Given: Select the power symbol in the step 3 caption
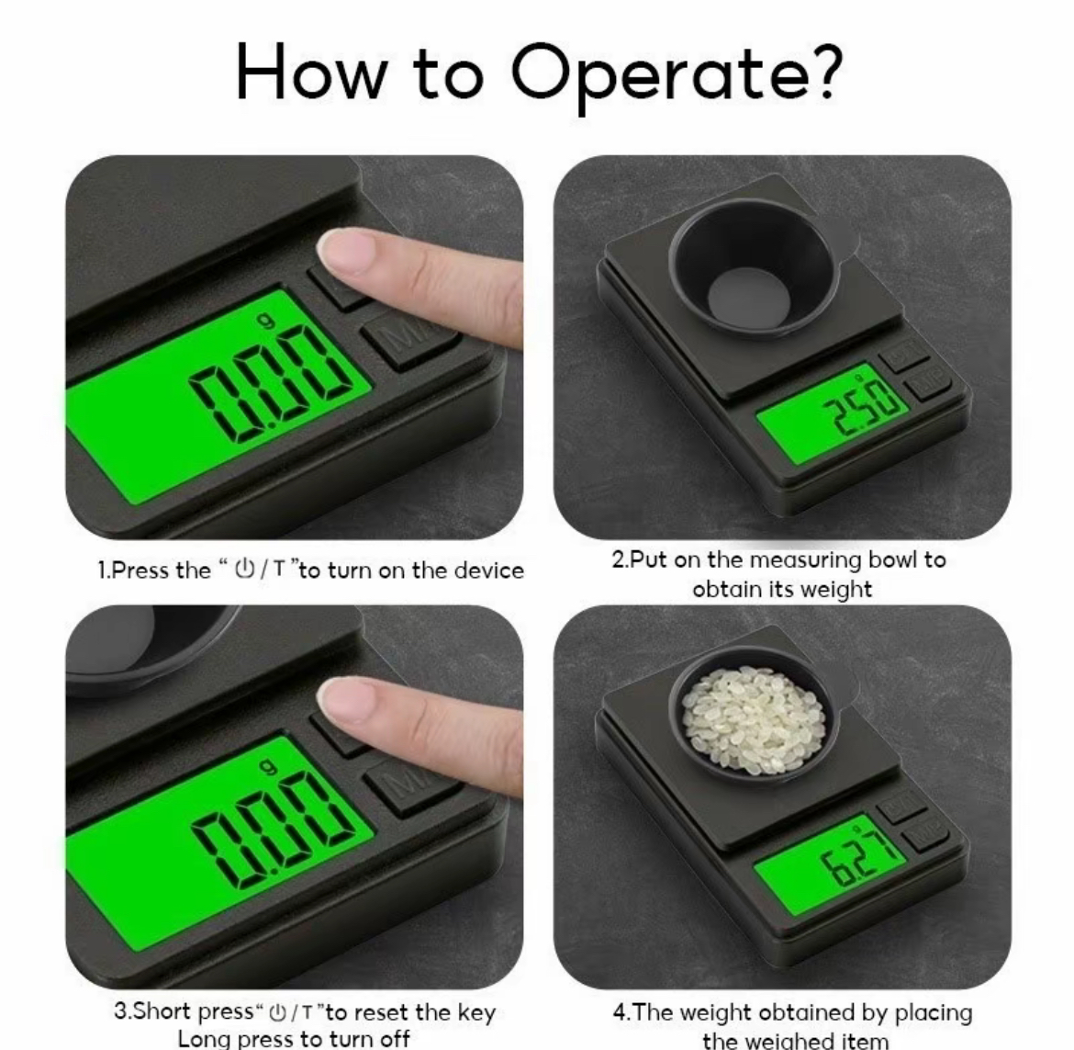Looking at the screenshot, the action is pyautogui.click(x=278, y=1012).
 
